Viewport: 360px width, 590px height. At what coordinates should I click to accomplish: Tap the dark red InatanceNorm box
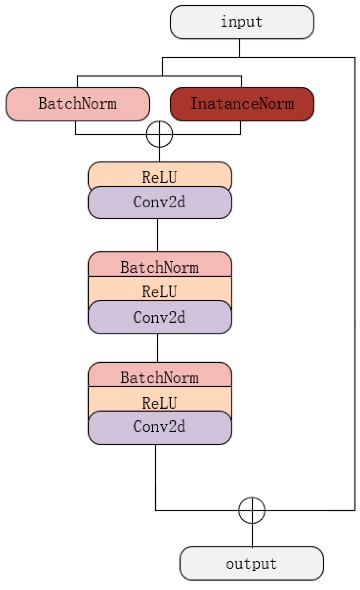point(242,104)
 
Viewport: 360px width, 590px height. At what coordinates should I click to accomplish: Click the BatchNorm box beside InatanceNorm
point(78,104)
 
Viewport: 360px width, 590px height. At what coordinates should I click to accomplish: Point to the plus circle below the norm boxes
point(159,134)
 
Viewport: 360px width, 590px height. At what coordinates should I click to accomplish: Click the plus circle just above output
point(252,510)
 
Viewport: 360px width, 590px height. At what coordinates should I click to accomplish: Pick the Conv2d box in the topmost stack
point(160,202)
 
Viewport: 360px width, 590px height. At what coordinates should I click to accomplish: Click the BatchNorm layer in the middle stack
point(160,265)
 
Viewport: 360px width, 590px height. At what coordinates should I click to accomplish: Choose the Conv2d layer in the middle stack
point(160,317)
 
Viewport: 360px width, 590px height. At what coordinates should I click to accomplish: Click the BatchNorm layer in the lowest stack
point(160,375)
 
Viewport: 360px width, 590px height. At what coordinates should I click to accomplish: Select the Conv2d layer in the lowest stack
point(160,428)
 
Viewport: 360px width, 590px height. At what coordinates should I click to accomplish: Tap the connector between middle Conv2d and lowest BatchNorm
point(157,348)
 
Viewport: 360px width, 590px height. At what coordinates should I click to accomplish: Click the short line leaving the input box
point(239,48)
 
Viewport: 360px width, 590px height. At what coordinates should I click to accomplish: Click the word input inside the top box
point(242,22)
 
